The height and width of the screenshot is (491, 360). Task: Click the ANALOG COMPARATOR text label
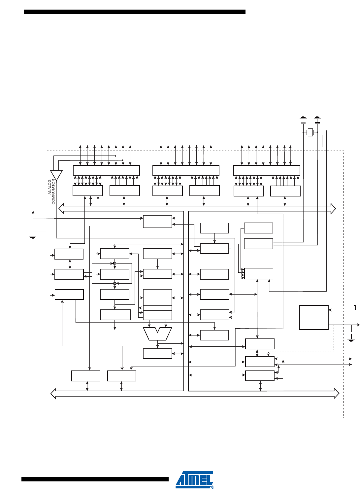coord(51,192)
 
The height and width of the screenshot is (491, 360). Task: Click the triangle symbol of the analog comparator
coord(56,175)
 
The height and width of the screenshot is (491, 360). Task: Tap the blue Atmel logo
coord(194,479)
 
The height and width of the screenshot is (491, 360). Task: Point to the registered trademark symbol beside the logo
coord(213,487)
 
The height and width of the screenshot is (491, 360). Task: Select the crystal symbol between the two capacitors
coord(310,132)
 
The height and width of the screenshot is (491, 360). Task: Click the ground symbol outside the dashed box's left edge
coord(33,236)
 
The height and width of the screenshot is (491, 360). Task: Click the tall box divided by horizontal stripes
coord(157,304)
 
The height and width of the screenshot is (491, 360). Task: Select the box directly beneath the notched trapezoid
coord(157,354)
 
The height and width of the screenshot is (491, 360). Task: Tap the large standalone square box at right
coord(314,317)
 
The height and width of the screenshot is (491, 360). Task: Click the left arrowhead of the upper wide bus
coord(61,208)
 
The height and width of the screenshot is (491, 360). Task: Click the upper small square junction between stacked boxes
coord(115,263)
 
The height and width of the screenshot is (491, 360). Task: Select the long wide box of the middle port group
coord(186,170)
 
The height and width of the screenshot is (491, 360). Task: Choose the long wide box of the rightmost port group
coord(267,170)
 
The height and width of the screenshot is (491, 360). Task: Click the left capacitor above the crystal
coord(303,120)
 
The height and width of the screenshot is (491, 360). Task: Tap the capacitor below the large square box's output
coord(351,332)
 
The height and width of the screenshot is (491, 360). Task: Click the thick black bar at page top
coord(135,12)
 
